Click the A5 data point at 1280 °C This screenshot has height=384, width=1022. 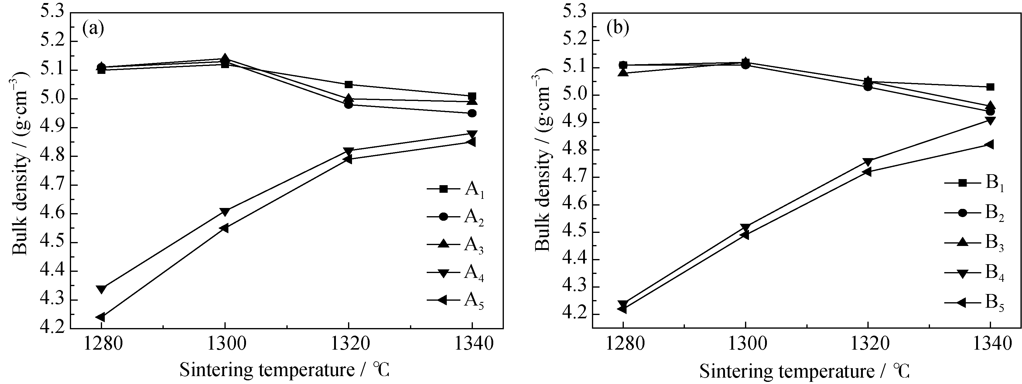pos(101,317)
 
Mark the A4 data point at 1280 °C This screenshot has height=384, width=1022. pos(101,289)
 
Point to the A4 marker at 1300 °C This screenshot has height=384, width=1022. pos(225,212)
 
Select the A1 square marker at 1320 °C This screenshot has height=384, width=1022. pos(349,85)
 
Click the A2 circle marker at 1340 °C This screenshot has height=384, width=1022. pos(472,113)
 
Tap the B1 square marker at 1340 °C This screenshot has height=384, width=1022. pos(990,87)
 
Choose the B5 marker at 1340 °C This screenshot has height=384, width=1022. pos(990,144)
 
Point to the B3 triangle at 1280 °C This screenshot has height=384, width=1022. pos(623,73)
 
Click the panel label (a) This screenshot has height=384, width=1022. pos(93,29)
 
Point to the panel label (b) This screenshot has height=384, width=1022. pos(618,29)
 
